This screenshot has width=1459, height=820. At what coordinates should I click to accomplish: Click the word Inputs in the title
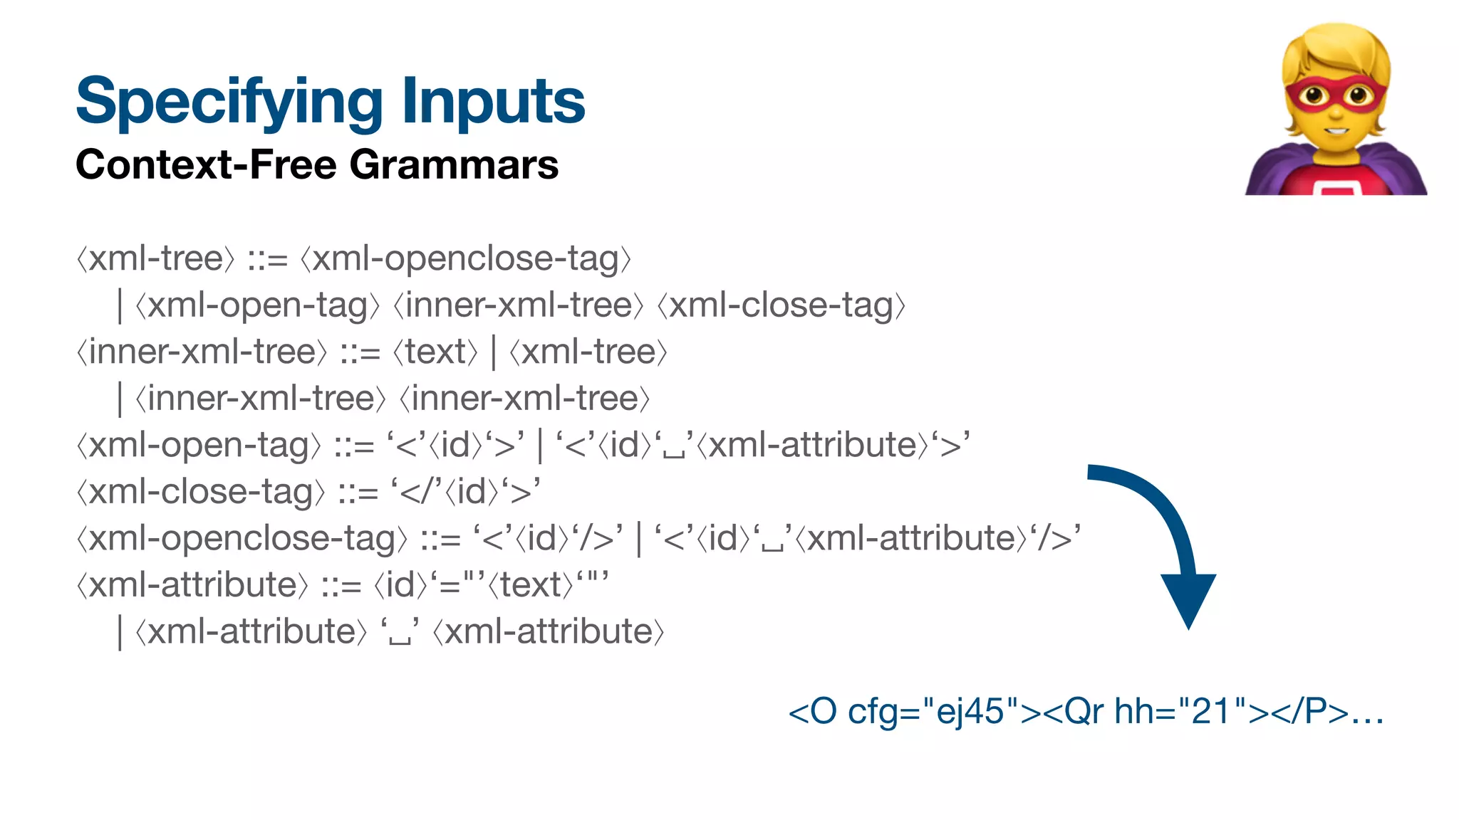click(493, 102)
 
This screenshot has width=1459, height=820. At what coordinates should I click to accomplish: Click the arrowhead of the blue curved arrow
click(1188, 598)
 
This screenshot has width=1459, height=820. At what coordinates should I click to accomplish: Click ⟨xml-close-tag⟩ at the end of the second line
click(781, 305)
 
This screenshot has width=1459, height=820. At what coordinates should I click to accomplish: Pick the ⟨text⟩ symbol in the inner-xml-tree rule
click(435, 352)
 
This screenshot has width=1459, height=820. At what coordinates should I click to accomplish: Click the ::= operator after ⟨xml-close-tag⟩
click(358, 492)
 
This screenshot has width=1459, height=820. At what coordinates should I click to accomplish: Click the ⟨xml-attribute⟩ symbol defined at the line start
click(192, 585)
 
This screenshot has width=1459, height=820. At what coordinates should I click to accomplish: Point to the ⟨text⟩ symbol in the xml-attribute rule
click(530, 585)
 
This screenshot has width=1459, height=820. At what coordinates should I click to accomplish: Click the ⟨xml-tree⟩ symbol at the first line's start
click(155, 258)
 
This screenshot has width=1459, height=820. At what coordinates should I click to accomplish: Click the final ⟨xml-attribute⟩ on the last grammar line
click(549, 632)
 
